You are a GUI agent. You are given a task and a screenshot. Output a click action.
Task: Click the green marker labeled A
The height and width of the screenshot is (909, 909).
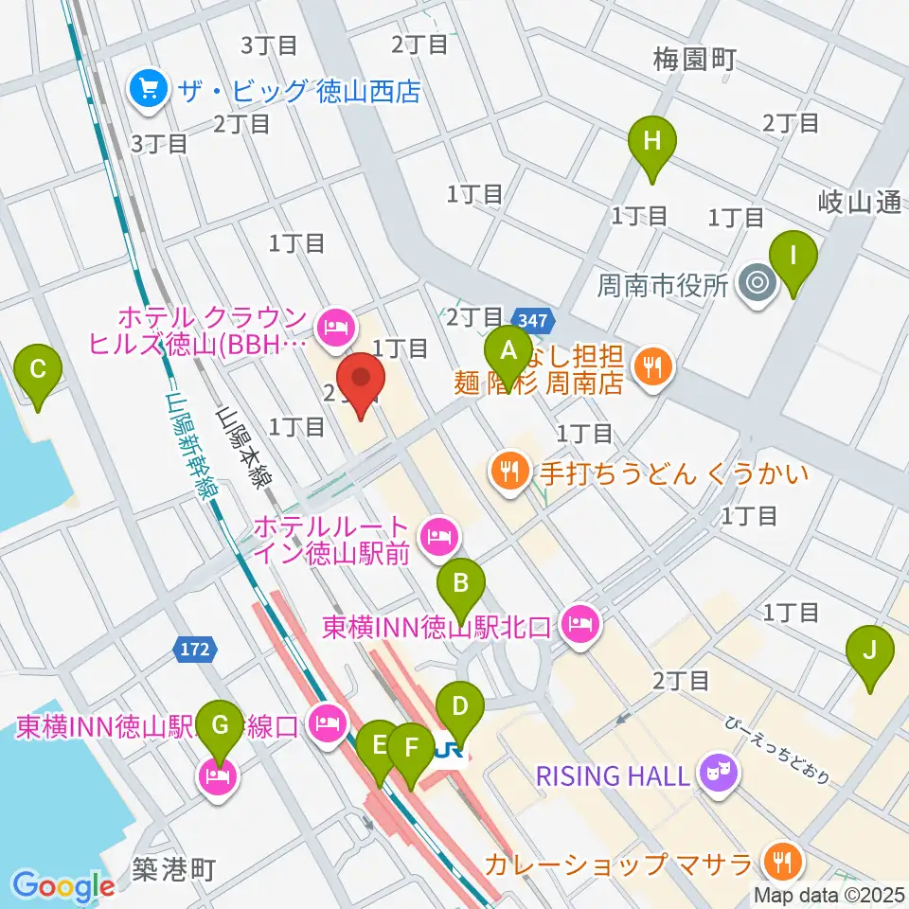(508, 353)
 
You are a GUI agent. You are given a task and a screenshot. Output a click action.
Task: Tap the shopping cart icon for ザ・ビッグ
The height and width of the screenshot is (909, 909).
(150, 91)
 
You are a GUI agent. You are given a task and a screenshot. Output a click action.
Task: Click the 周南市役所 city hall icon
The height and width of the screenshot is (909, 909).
(757, 283)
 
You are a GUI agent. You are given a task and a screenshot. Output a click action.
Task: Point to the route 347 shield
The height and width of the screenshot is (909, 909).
(531, 322)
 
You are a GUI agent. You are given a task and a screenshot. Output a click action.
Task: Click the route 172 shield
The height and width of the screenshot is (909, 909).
(196, 650)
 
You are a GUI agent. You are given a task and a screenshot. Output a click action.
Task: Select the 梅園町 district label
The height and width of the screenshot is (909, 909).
(693, 62)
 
